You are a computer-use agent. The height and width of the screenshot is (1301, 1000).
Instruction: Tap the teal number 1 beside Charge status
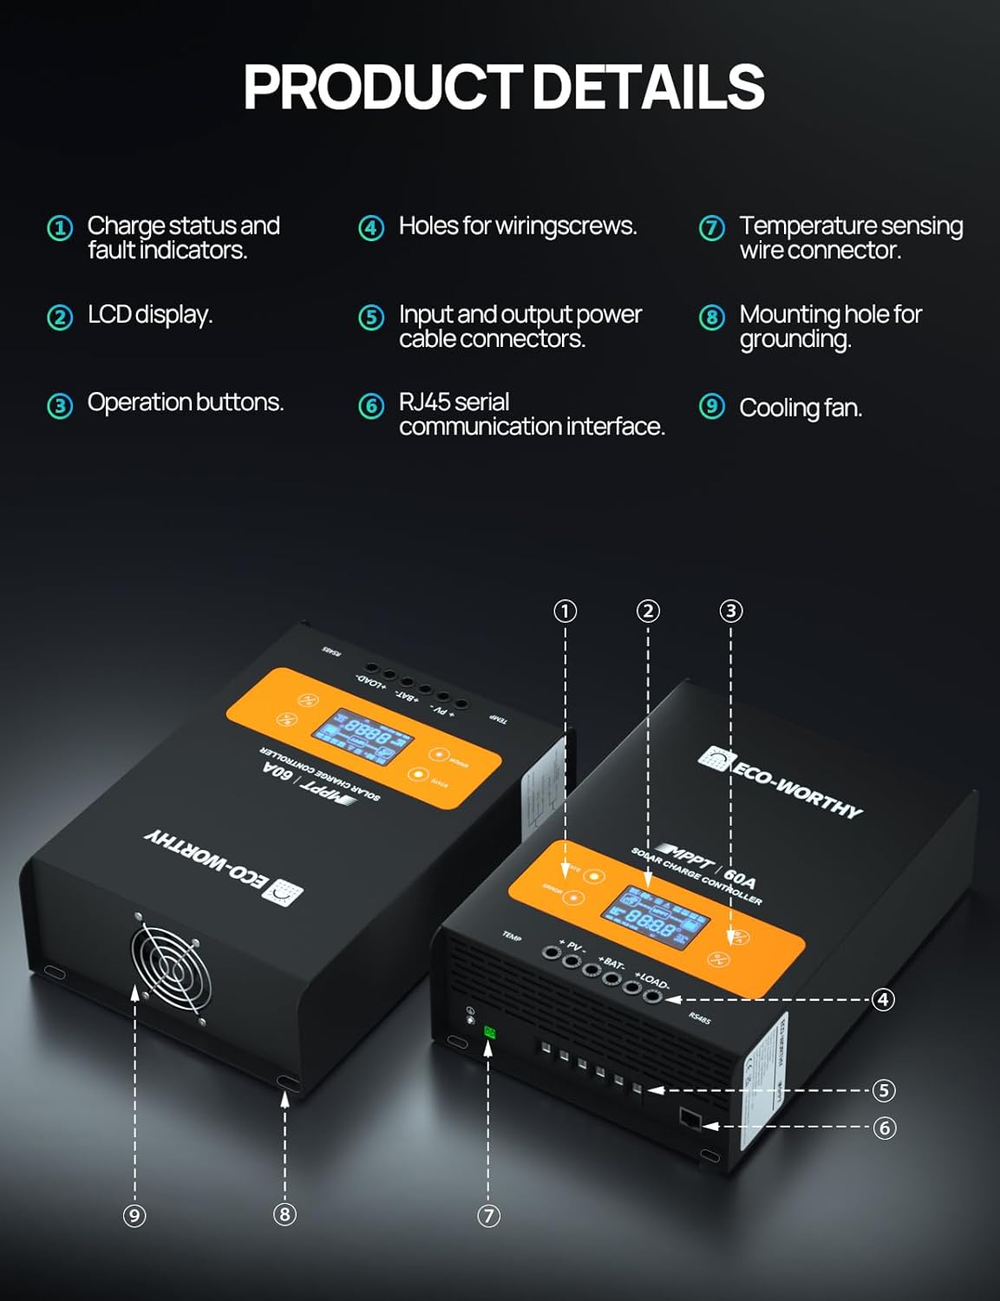tap(60, 228)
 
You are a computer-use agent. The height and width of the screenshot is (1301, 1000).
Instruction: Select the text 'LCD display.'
tap(149, 315)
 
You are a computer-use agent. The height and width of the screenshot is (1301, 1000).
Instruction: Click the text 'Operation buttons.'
tap(185, 402)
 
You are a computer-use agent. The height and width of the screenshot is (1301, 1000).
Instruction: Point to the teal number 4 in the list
tap(371, 228)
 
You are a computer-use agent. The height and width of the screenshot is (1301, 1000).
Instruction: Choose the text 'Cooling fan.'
tap(800, 408)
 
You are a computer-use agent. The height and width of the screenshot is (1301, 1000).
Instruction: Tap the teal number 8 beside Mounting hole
tap(711, 317)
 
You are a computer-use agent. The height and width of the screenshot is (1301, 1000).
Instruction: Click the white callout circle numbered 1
tap(565, 611)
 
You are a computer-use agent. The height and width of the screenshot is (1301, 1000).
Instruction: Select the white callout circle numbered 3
tap(731, 611)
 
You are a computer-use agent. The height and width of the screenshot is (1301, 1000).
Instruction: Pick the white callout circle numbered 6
tap(884, 1128)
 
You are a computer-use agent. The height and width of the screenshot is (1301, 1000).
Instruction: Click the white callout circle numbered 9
tap(134, 1215)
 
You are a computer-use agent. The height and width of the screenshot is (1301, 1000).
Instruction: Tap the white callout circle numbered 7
tap(488, 1215)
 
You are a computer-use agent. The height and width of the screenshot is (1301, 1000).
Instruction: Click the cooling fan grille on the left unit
tap(172, 968)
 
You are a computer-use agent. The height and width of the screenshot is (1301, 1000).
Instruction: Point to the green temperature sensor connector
tap(489, 1032)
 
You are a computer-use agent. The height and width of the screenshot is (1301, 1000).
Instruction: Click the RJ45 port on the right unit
tap(690, 1118)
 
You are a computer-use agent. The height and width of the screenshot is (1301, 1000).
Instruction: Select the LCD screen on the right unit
tap(657, 916)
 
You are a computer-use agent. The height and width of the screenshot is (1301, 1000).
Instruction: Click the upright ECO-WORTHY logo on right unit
tap(781, 783)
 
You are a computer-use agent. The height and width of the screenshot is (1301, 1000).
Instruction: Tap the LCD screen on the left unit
tap(363, 735)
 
